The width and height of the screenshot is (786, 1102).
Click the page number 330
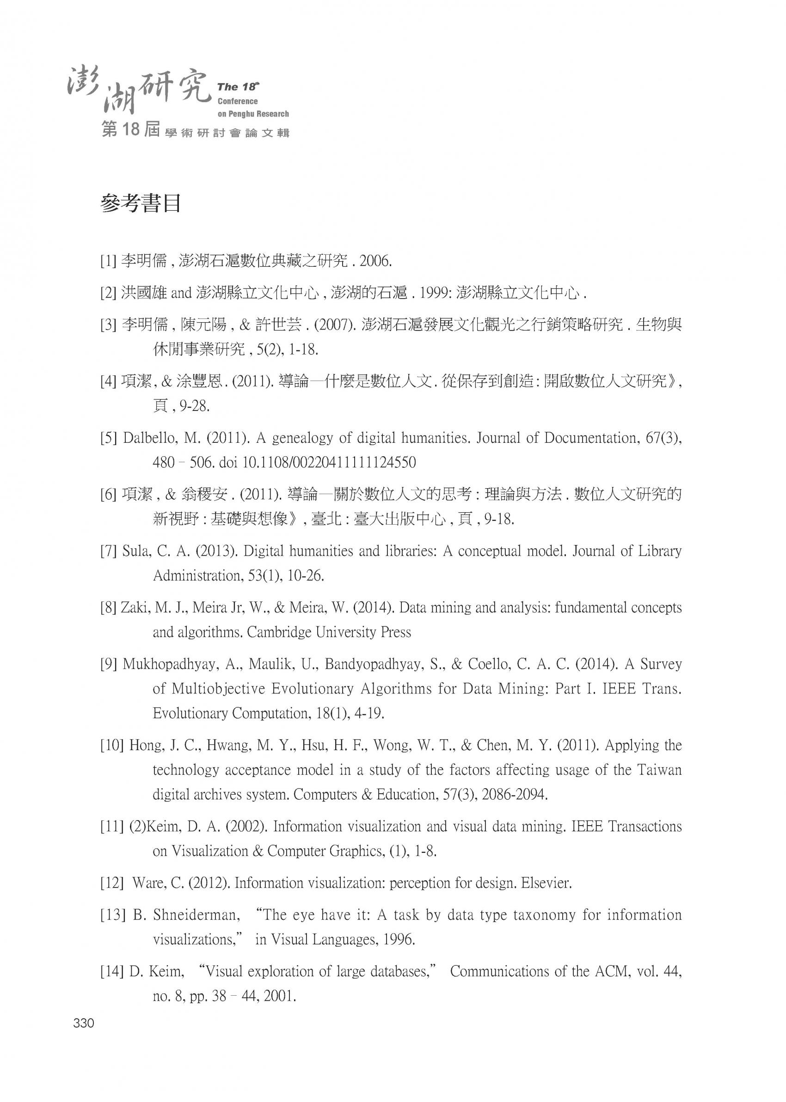83,1023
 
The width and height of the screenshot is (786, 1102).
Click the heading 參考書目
141,204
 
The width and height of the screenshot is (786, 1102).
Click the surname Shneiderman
196,915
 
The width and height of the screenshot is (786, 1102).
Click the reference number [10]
112,746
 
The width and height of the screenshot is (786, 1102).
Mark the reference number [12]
112,883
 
